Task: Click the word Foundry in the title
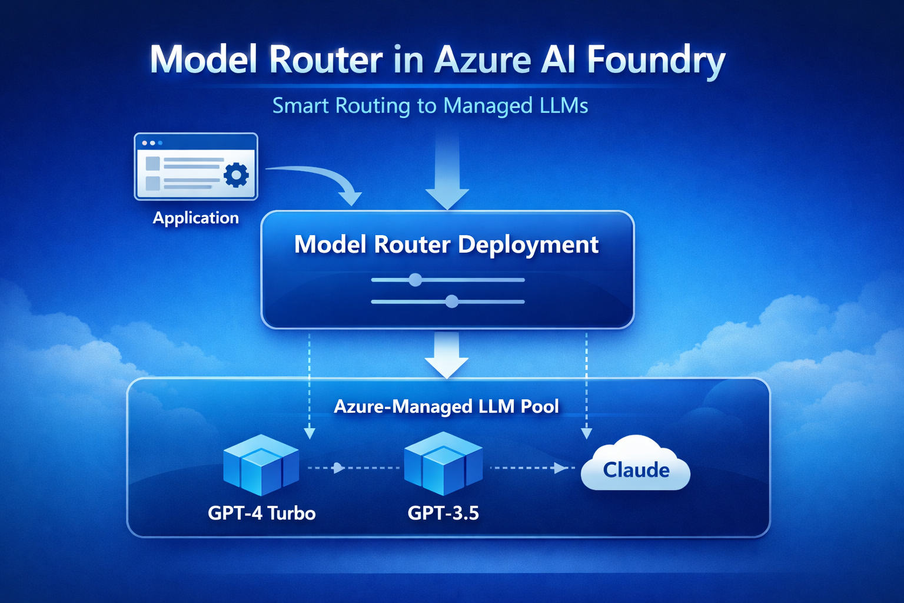pyautogui.click(x=656, y=60)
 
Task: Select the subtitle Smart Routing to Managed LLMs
pyautogui.click(x=430, y=106)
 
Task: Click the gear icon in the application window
pyautogui.click(x=236, y=175)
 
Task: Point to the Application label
pyautogui.click(x=195, y=218)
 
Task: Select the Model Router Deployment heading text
pyautogui.click(x=446, y=244)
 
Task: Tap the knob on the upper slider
pyautogui.click(x=416, y=280)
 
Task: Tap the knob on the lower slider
pyautogui.click(x=451, y=301)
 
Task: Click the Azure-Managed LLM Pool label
pyautogui.click(x=446, y=406)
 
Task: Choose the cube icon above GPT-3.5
pyautogui.click(x=443, y=463)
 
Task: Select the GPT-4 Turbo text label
pyautogui.click(x=261, y=513)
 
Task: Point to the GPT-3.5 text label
pyautogui.click(x=443, y=513)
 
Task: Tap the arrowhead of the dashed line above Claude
pyautogui.click(x=586, y=434)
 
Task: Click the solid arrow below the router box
pyautogui.click(x=447, y=356)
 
